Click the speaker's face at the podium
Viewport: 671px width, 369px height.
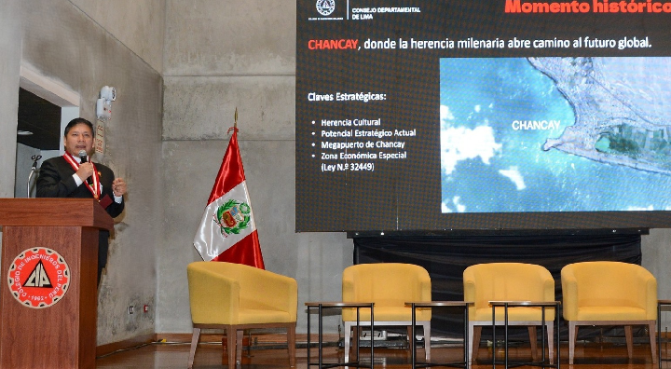[78, 136]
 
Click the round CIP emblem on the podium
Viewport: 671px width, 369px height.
[38, 277]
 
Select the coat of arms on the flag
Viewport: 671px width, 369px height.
[232, 216]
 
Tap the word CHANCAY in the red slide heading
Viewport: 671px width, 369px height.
[333, 43]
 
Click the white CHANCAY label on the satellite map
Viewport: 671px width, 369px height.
[536, 124]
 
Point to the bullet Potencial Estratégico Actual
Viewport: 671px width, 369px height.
[368, 133]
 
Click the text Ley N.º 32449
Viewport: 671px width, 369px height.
[347, 167]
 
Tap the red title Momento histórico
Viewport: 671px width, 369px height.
[587, 7]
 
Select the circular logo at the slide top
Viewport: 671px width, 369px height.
[325, 7]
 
